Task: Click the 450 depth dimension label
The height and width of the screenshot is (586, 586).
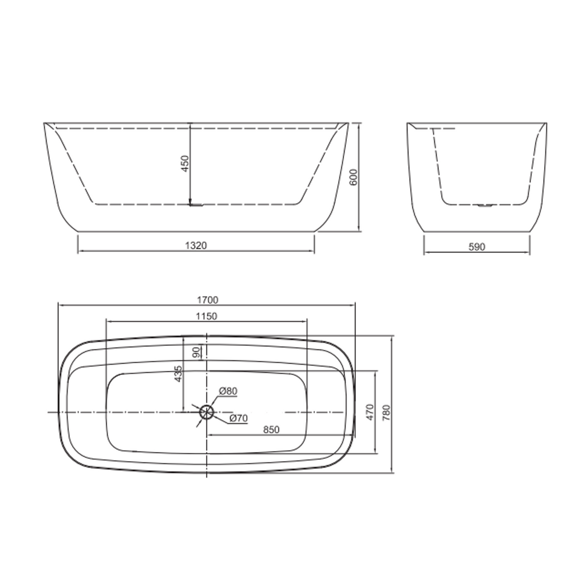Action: coord(185,164)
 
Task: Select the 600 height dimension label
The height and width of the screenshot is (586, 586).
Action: coord(353,177)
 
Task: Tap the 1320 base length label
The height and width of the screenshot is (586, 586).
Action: coord(196,246)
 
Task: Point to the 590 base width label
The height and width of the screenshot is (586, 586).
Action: coord(477,247)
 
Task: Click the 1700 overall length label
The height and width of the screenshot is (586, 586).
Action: coord(207,300)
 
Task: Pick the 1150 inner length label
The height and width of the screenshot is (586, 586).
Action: coord(206,316)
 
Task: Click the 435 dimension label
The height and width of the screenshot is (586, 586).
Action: coord(179,373)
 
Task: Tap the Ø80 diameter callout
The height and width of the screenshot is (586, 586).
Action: coord(228,391)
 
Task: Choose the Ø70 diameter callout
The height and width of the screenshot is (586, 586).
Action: coord(239,418)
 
